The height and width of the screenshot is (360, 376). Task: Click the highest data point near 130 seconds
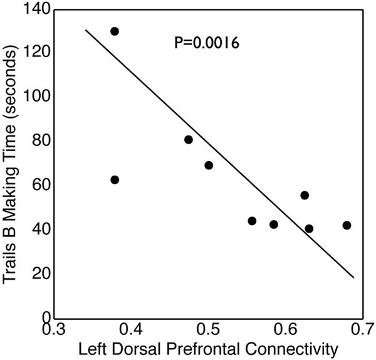115,31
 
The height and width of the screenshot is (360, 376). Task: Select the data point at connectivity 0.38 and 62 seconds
115,180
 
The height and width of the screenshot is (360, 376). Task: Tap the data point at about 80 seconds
189,140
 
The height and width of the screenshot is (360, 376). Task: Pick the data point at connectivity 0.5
209,166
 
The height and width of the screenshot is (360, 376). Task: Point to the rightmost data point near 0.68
347,225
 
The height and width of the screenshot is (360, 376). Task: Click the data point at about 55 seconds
305,196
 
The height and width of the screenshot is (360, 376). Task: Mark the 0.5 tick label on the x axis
209,327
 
